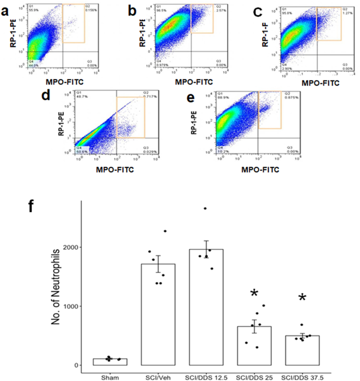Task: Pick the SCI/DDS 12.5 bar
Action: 206,307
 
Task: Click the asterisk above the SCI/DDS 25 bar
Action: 254,292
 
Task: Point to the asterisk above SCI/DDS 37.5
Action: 302,299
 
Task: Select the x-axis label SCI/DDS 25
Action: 254,376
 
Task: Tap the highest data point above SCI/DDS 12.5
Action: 205,208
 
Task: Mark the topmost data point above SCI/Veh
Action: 165,231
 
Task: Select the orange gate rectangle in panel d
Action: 130,117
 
